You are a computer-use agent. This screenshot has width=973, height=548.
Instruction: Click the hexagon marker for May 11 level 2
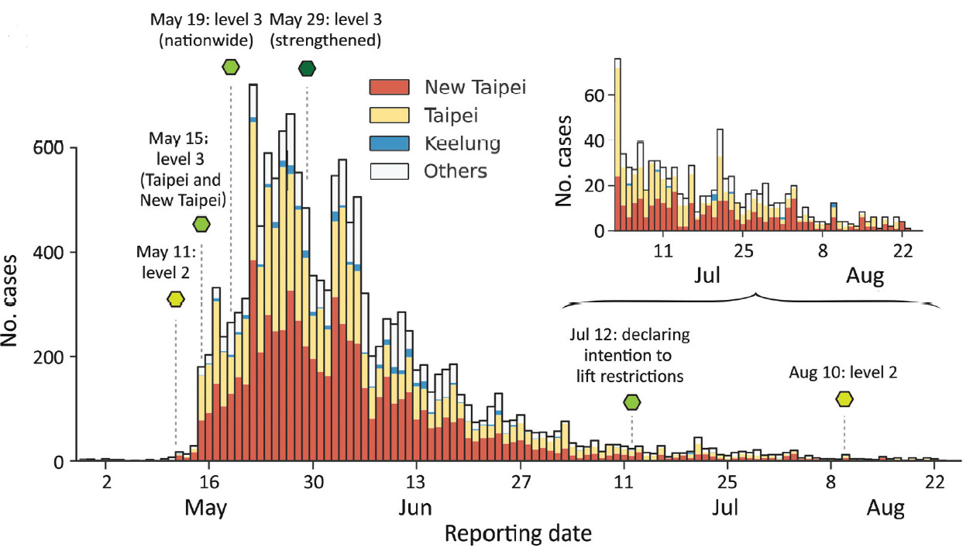176,299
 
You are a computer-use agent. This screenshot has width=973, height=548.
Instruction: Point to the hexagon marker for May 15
201,225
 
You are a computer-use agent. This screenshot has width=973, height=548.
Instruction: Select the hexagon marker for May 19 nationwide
231,67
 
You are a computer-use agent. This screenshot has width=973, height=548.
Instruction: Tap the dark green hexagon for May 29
307,68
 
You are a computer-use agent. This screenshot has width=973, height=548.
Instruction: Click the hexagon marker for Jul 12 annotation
632,402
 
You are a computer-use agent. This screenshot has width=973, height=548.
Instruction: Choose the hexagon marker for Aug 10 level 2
844,398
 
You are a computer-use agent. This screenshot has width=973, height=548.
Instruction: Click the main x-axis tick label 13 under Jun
417,481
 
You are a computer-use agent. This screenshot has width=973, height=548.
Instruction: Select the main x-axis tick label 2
107,481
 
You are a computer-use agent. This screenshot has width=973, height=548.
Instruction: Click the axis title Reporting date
519,533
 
